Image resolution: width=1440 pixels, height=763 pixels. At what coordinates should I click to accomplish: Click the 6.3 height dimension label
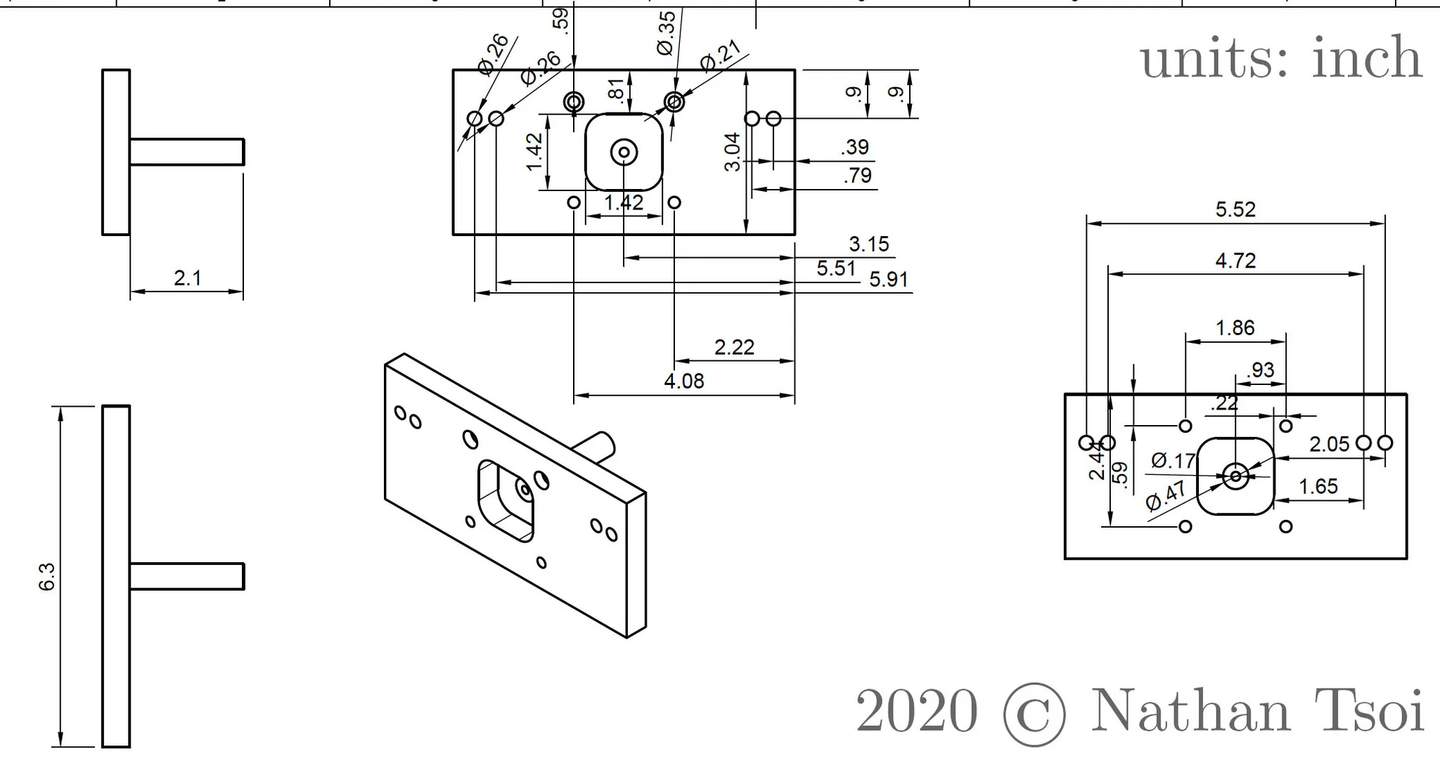pos(46,576)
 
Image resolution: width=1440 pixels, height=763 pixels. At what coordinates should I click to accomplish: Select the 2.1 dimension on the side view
pos(188,278)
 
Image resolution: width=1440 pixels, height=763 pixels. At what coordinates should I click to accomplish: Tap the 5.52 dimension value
pos(1235,209)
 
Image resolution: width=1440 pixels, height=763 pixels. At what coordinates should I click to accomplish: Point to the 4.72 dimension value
pos(1235,261)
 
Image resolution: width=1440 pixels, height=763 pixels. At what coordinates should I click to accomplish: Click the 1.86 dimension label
pos(1235,327)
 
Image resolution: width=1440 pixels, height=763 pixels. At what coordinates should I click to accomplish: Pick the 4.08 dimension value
pos(683,381)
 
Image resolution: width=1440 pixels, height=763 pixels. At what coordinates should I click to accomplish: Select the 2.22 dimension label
pos(734,347)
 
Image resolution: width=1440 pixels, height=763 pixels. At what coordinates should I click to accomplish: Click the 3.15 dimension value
pos(868,244)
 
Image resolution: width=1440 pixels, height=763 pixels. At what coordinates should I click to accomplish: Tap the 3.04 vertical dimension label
pos(733,152)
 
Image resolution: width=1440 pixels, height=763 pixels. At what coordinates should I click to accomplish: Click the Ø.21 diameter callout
pos(720,56)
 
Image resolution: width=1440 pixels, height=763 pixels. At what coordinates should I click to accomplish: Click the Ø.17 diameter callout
pos(1173,461)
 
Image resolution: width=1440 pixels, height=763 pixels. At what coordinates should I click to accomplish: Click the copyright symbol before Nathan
pos(1034,714)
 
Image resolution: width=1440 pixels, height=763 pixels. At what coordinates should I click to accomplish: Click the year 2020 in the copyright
pos(916,711)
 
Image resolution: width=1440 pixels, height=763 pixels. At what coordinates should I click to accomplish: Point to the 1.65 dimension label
pos(1318,486)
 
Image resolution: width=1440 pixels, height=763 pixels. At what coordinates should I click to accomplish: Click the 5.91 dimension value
pos(888,280)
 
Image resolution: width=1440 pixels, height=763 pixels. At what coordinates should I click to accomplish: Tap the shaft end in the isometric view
pos(605,443)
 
